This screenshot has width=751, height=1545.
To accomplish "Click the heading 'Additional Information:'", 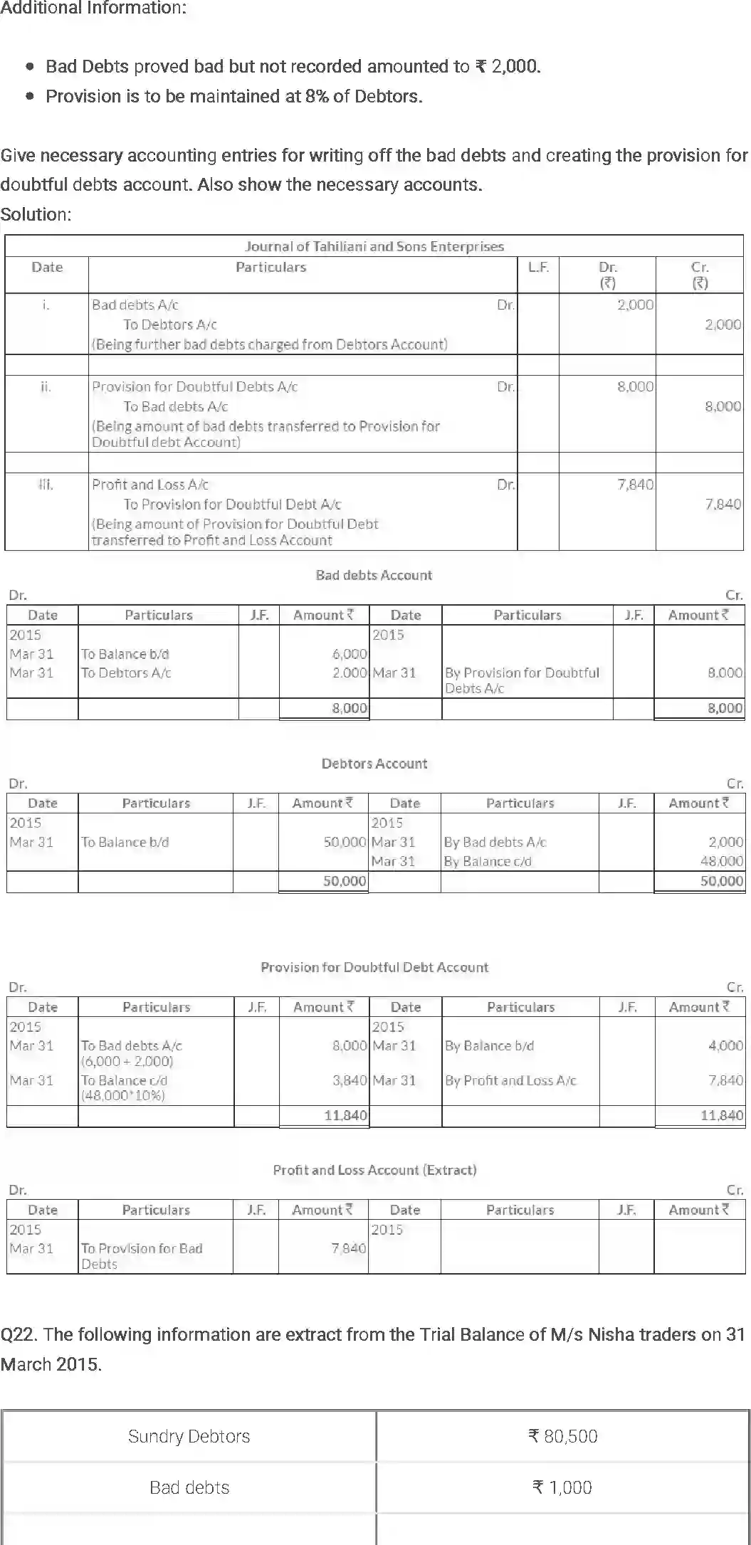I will [93, 9].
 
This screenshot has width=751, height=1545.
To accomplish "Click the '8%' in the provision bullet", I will [317, 96].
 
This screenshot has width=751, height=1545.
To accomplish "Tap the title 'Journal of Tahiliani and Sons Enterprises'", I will [374, 246].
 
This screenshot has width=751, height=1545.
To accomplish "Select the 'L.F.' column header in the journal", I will [538, 268].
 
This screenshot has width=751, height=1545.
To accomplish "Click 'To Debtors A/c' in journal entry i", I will [169, 325].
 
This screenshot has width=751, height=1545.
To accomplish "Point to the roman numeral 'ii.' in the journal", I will [46, 387].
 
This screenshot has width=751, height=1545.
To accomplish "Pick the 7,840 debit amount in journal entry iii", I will [635, 485].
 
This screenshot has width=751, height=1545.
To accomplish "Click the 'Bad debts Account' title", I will [374, 575].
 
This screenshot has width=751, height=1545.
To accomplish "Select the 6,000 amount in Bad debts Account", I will [350, 654].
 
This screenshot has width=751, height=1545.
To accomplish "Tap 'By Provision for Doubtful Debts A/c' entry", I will [522, 680].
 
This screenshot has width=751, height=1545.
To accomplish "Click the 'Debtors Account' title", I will [374, 764].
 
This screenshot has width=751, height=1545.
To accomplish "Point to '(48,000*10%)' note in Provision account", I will [123, 1095].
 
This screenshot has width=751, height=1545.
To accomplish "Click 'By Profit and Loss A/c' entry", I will [510, 1080].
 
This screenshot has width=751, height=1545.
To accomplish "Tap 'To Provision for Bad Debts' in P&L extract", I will [141, 1255].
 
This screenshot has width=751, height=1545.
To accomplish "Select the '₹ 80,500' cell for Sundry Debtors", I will [562, 1436].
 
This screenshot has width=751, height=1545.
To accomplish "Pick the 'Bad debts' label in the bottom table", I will [189, 1487].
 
